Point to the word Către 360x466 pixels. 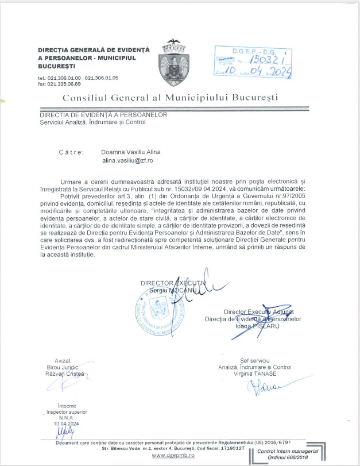pos(71,152)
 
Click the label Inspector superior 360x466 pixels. pos(64,411)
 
